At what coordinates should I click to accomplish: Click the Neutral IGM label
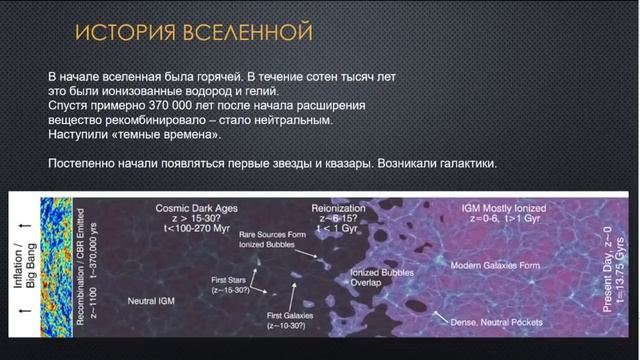pyautogui.click(x=156, y=300)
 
